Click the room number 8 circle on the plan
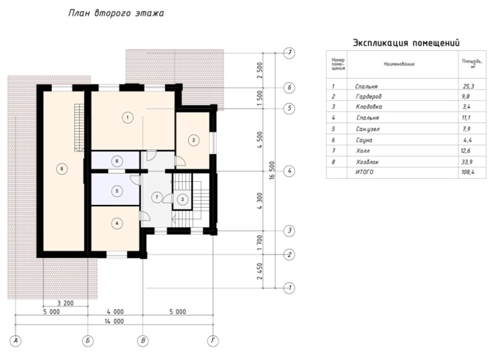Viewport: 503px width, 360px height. coord(62,169)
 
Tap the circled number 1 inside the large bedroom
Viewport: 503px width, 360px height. coord(128,118)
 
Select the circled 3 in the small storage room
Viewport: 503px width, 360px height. coord(182,199)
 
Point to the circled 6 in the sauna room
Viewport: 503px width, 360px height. coord(117,161)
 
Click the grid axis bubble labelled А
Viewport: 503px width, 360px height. coord(15,341)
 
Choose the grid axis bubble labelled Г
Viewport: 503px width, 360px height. coord(213,341)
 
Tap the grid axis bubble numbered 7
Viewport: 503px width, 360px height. coord(289,53)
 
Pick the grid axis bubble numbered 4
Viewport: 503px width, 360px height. coord(289,171)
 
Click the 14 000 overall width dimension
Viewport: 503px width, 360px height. coord(114,321)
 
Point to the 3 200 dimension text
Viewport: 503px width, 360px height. coord(65,303)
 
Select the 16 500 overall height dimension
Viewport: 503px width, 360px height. coord(272,170)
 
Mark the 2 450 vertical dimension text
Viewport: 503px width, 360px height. coord(259,271)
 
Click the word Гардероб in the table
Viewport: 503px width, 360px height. coord(369,97)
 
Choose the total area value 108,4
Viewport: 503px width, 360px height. coord(468,172)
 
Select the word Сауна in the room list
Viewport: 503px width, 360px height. coord(364,140)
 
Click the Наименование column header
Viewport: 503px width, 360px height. coord(399,64)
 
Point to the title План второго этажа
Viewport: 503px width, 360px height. coord(116,13)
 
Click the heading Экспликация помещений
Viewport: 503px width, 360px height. coord(406,43)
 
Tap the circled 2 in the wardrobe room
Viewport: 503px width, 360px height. coord(194,140)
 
